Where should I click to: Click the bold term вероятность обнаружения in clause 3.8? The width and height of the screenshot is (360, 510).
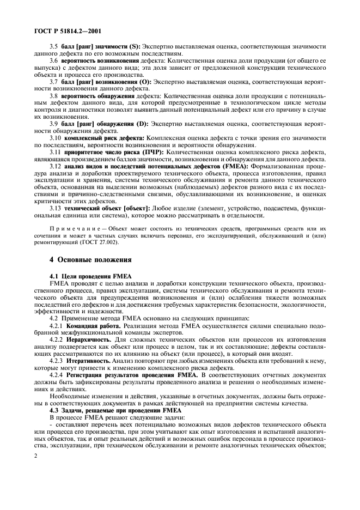[95, 95]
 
